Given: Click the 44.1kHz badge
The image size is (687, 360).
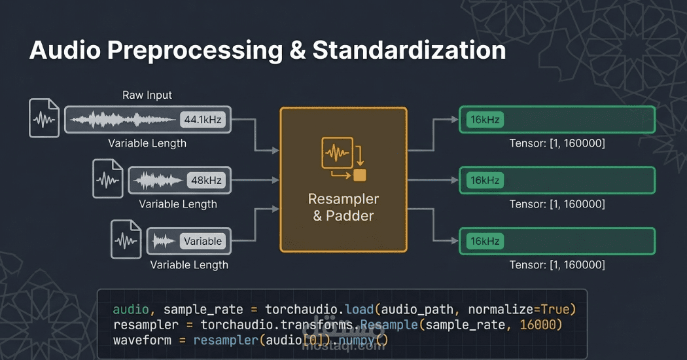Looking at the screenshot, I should point(204,119).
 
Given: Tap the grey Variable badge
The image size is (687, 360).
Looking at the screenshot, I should point(202,241).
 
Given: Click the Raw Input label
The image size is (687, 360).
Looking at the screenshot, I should point(147,95).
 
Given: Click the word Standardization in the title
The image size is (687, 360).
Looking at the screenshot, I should point(409,50).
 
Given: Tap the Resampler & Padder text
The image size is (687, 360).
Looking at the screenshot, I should point(343,207).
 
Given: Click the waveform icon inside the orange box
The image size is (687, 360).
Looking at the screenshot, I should point(338,154).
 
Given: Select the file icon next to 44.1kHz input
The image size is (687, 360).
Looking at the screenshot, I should point(44,118).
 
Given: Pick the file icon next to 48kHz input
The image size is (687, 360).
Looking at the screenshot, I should point(108,179).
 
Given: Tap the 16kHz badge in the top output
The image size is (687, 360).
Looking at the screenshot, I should point(485,120).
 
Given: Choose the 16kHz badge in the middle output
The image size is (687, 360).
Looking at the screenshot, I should point(485,180).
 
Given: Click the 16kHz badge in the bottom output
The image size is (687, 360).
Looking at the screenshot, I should point(485,241).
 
